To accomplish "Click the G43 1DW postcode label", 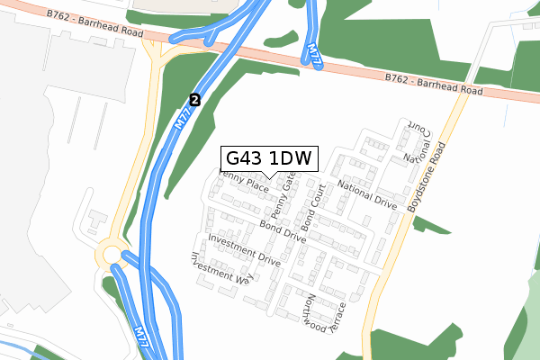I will click(267, 158).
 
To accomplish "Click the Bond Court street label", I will click(312, 206).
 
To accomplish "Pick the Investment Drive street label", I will click(244, 248).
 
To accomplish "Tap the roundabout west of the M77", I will click(112, 256).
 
